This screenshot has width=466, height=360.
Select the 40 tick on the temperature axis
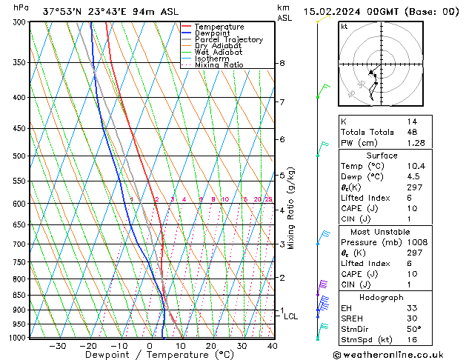pos(273,346)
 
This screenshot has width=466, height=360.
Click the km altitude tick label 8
pos(282,64)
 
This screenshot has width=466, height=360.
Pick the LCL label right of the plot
pos(290,316)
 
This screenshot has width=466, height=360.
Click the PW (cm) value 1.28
pos(415,142)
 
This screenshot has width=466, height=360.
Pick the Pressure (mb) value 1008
pos(416,242)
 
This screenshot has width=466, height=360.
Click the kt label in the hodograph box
pos(344,26)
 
